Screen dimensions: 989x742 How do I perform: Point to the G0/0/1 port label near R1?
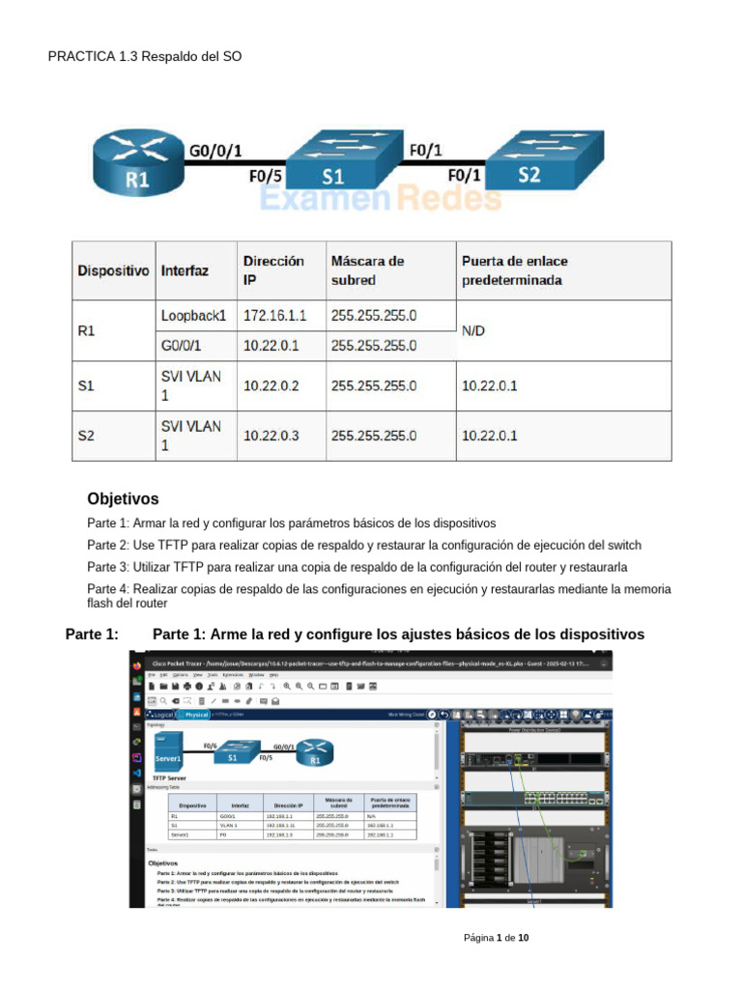(x=215, y=151)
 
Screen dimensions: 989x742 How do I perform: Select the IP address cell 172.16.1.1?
(x=274, y=316)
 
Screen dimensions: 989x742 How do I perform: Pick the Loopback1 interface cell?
(x=193, y=316)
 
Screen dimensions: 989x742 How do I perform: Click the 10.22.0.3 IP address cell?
(x=271, y=436)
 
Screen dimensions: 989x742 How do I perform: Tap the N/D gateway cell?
(x=473, y=330)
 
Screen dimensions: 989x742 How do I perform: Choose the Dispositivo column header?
(x=113, y=271)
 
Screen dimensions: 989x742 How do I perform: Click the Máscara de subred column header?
(x=367, y=270)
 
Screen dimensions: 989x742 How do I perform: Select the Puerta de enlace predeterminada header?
(x=515, y=270)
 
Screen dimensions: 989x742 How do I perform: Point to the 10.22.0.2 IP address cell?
(x=271, y=385)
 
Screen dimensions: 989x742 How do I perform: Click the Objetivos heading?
(x=123, y=499)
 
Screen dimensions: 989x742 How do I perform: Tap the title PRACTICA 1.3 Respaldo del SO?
(x=145, y=57)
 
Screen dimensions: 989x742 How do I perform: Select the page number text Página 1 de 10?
(x=496, y=938)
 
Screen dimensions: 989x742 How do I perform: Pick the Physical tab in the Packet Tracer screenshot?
(x=196, y=715)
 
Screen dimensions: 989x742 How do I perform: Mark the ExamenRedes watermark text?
(x=381, y=198)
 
